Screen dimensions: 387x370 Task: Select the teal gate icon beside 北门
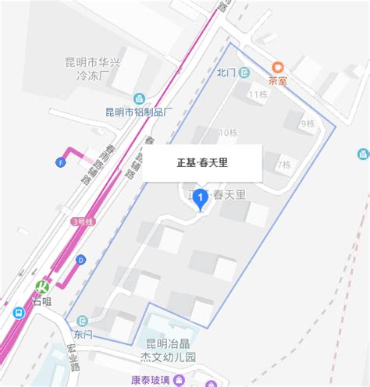[244, 73]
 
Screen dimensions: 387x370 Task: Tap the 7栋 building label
[283, 165]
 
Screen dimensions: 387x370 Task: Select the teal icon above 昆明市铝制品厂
[140, 98]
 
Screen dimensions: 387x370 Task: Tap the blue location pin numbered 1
[201, 200]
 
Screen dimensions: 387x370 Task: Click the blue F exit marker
[60, 162]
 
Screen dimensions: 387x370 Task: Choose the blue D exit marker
[80, 260]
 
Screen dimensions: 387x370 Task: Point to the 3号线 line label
[80, 222]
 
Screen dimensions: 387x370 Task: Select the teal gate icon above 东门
[80, 319]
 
